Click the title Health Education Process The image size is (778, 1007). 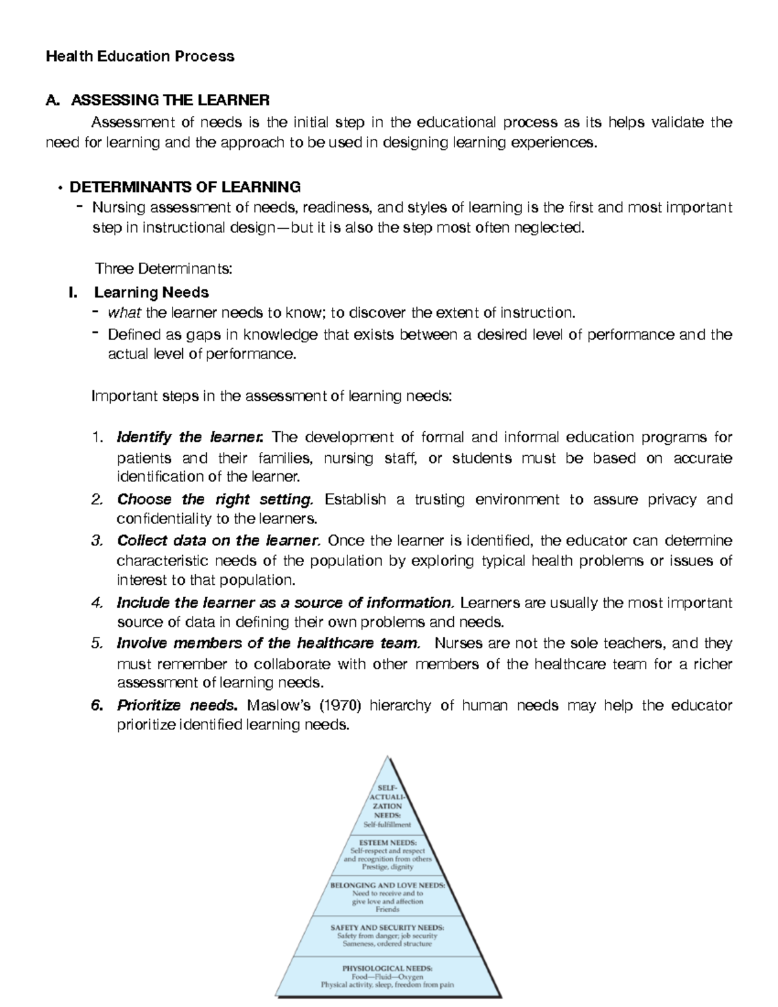[139, 56]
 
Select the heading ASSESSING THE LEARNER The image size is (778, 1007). [169, 100]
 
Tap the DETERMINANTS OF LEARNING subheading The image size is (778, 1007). [185, 187]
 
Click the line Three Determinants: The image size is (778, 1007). [163, 268]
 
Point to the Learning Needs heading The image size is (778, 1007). [151, 292]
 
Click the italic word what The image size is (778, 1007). [124, 313]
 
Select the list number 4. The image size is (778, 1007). [97, 603]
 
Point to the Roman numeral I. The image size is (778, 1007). [73, 292]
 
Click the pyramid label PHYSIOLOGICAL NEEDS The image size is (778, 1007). [388, 968]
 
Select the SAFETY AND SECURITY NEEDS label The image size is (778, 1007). [388, 927]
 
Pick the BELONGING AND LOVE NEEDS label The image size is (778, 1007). [388, 884]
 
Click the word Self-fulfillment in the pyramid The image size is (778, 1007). [387, 825]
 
